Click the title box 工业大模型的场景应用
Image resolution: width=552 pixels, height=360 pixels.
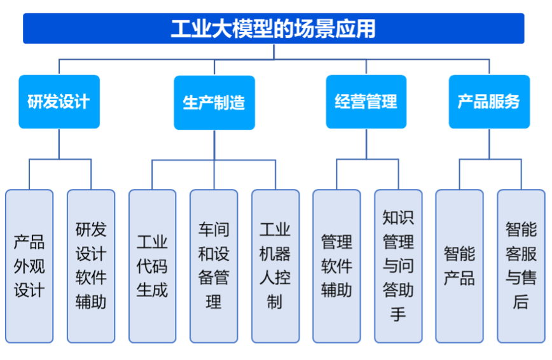[273, 29]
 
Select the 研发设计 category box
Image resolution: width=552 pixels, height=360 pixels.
[59, 101]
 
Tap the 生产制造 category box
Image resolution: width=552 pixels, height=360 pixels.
[214, 102]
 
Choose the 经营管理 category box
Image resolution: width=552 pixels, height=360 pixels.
[366, 101]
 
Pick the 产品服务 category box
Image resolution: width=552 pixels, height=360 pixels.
[489, 101]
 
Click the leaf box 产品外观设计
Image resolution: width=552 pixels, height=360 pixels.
[29, 266]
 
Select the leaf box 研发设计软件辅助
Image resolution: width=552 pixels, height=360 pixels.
[91, 266]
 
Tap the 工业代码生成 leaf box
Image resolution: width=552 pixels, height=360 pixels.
[152, 266]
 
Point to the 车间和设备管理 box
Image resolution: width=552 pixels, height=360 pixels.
[214, 266]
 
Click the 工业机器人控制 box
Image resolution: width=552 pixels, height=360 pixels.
[275, 266]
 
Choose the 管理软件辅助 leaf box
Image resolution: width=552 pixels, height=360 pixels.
[336, 266]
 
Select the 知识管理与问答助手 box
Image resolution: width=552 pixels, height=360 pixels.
[398, 266]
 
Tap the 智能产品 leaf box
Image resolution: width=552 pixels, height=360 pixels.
[459, 266]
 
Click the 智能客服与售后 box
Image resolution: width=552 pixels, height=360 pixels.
[521, 266]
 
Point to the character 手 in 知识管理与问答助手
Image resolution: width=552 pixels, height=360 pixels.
[398, 314]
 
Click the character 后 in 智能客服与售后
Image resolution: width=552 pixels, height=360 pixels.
[521, 302]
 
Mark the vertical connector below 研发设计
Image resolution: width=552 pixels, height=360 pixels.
[59, 144]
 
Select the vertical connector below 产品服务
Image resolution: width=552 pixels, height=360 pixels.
[489, 144]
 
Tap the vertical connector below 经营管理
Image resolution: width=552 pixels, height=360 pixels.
[366, 144]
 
